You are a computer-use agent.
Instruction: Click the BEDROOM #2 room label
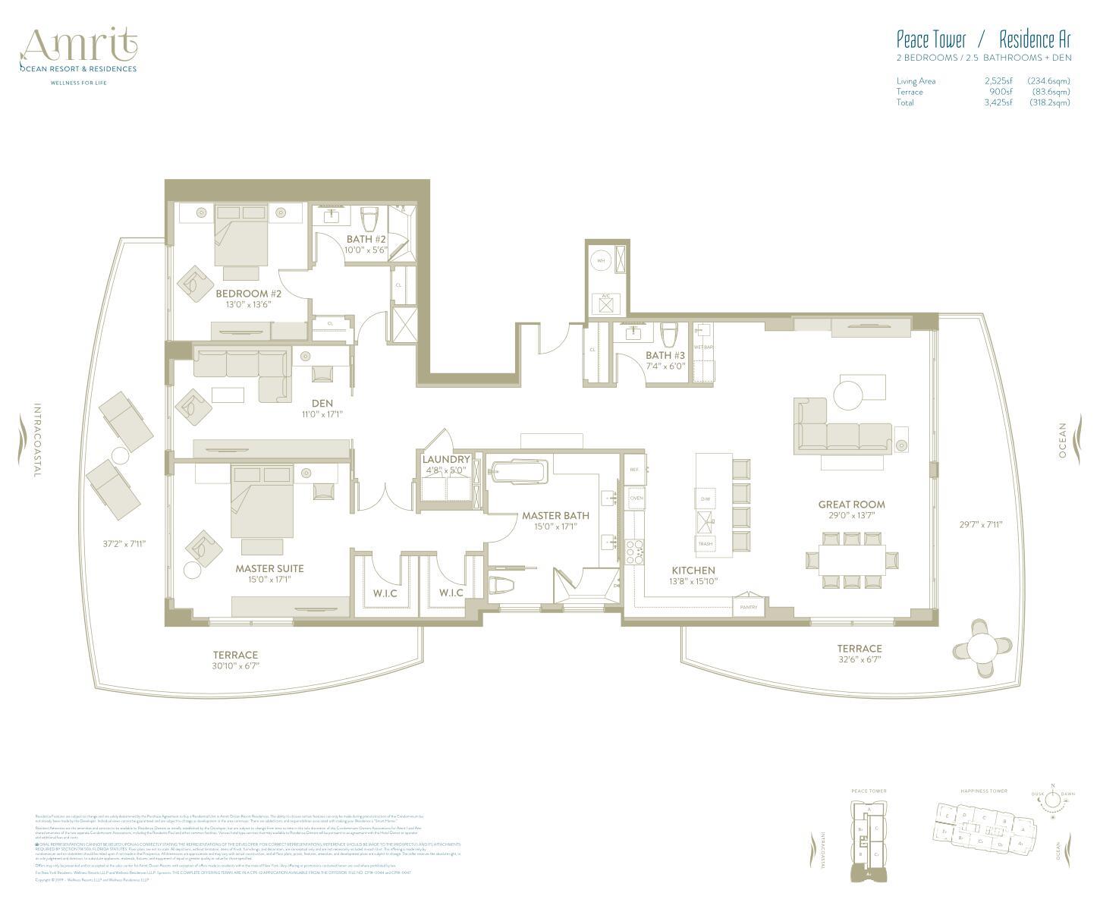click(x=248, y=294)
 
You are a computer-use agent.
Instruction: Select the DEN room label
click(x=322, y=404)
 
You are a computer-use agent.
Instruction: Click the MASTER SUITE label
click(x=269, y=568)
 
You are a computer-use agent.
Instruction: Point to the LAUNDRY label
click(x=446, y=459)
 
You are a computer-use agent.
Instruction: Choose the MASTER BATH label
click(x=555, y=516)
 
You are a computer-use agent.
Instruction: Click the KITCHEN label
click(x=693, y=571)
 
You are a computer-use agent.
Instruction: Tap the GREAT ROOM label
click(x=851, y=505)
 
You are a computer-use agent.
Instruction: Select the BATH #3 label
click(x=665, y=355)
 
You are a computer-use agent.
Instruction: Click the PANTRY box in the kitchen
click(x=749, y=607)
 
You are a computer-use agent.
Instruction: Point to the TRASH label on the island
click(x=705, y=544)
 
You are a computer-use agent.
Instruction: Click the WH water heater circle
click(x=602, y=260)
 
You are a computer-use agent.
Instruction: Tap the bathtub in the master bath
click(x=518, y=473)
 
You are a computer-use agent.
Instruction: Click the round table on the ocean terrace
click(x=982, y=647)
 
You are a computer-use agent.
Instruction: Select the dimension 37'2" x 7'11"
click(x=124, y=543)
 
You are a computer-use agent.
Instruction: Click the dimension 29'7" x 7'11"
click(x=981, y=524)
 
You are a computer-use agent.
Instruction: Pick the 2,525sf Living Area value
click(x=998, y=81)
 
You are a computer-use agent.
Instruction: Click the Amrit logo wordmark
click(x=79, y=47)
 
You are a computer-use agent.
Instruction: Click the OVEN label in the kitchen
click(x=636, y=498)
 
